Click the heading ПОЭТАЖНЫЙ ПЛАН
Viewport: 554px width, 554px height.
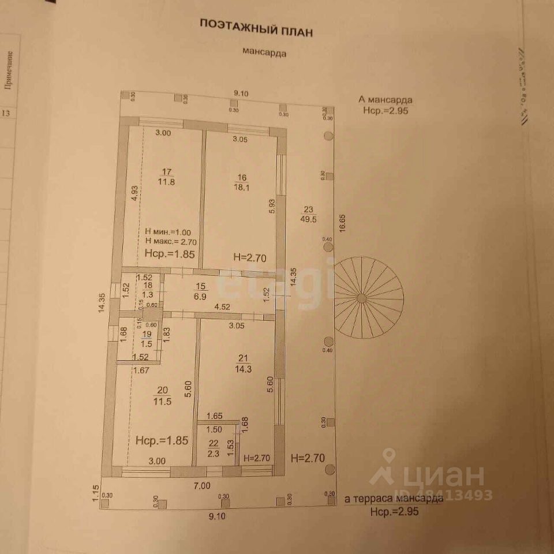click(x=256, y=27)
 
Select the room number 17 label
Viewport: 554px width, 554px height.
click(x=167, y=171)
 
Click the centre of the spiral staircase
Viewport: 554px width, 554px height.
click(x=361, y=298)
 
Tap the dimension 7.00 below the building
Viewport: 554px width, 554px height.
click(x=201, y=486)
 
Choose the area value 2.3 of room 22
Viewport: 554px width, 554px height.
click(x=214, y=454)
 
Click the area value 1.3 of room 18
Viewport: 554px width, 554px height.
click(x=148, y=295)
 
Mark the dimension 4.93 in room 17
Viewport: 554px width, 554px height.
click(x=134, y=192)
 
